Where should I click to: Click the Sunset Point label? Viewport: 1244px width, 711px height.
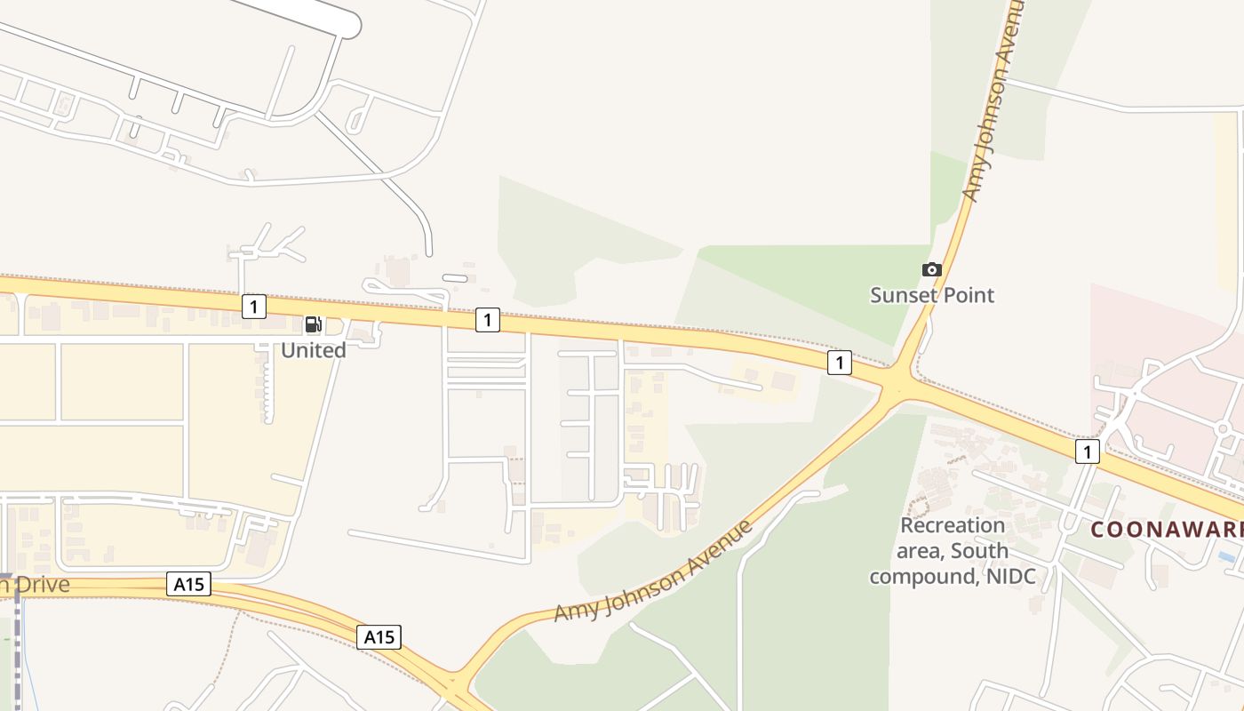click(931, 295)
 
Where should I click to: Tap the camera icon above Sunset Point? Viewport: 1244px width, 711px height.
click(931, 269)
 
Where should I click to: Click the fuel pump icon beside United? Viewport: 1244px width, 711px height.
click(313, 324)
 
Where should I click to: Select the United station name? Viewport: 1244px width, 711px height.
click(313, 350)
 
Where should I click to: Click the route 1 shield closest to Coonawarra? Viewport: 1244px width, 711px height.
click(1087, 451)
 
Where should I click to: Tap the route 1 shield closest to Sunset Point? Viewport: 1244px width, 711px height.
click(839, 362)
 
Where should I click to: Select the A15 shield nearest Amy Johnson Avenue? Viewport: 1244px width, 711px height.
click(379, 636)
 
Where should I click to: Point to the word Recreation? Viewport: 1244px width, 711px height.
click(952, 525)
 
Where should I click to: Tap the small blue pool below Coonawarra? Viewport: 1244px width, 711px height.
click(1227, 556)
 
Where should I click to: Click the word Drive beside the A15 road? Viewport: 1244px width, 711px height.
click(40, 585)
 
